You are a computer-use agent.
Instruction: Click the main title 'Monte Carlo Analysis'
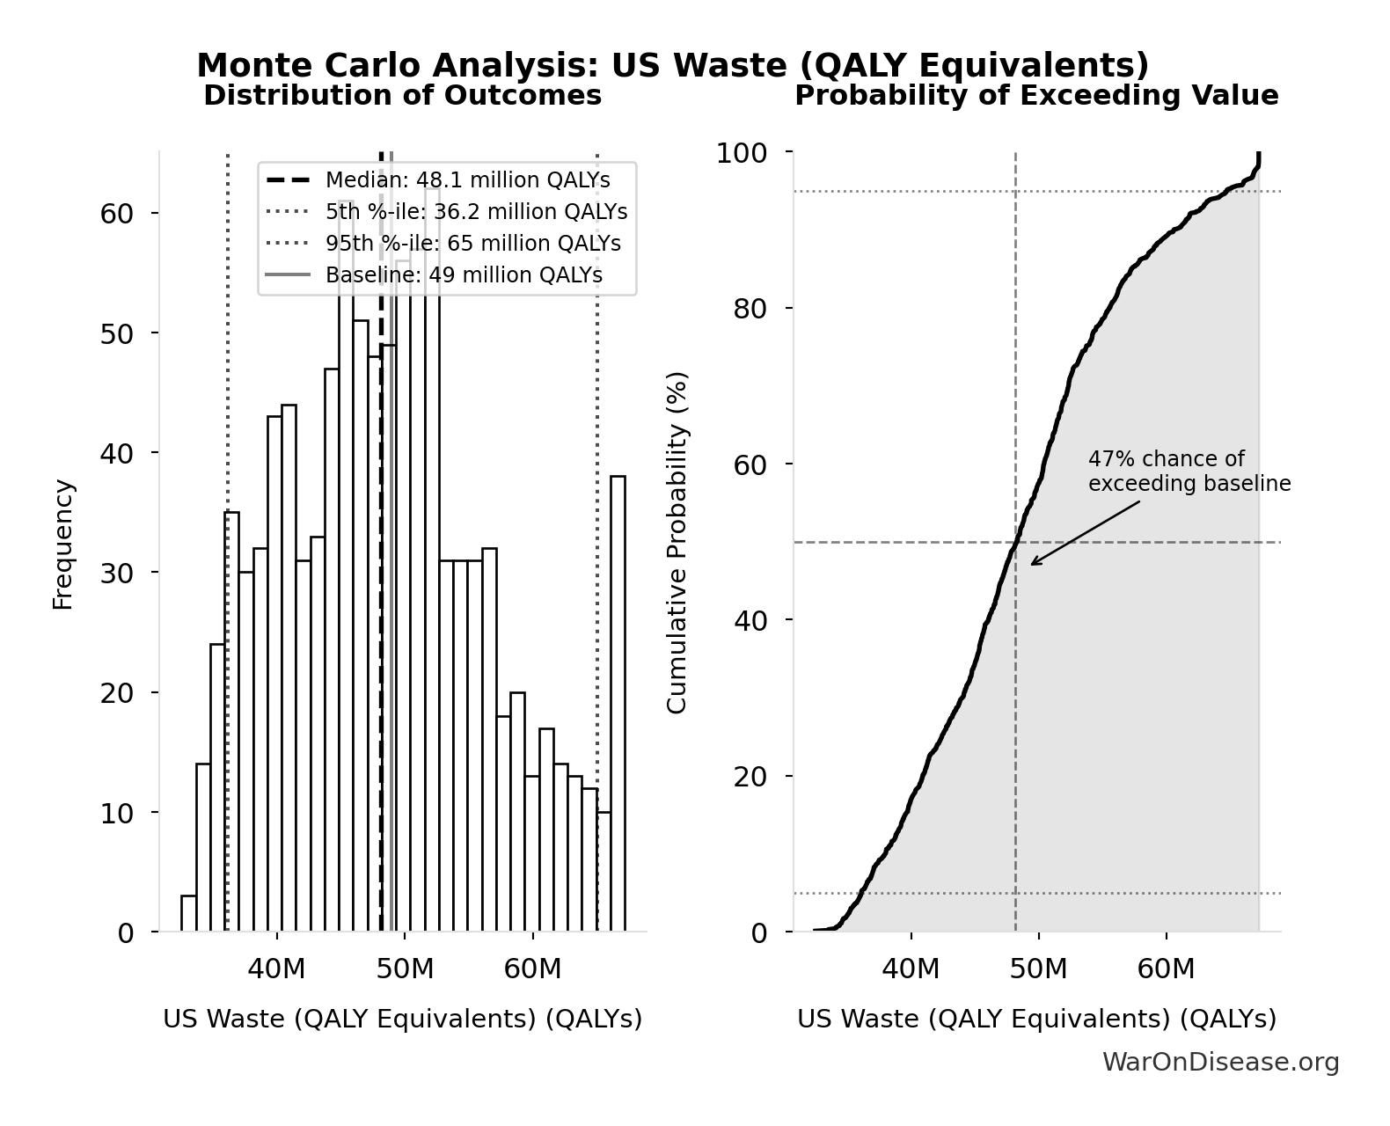pos(672,66)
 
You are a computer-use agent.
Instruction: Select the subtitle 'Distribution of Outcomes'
pos(402,95)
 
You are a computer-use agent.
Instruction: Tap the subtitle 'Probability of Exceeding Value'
pos(1035,95)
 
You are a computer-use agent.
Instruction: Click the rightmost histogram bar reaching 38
pos(618,704)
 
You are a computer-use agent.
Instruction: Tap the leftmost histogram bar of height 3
pos(188,913)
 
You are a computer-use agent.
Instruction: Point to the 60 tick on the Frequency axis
pos(116,214)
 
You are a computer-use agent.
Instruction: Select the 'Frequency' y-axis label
pos(62,544)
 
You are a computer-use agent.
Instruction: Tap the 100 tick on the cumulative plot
pos(741,153)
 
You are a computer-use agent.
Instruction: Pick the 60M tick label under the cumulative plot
pos(1166,969)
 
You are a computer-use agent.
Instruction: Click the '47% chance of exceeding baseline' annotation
pos(1189,472)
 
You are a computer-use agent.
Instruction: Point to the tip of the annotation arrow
pos(1032,564)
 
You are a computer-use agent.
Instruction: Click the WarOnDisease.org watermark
pos(1220,1063)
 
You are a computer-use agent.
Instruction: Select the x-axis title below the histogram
pos(402,1019)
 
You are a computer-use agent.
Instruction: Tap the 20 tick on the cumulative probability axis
pos(750,776)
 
